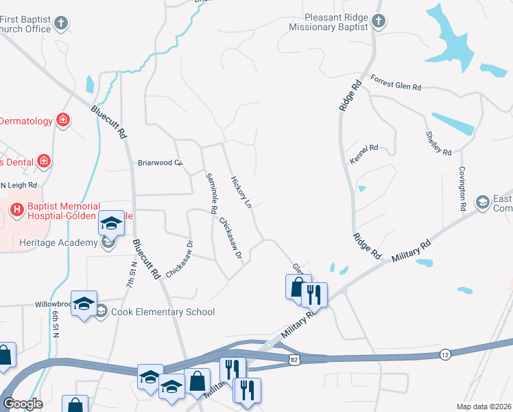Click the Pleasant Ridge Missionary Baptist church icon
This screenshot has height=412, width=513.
click(378, 22)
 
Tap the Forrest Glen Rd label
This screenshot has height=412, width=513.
click(396, 83)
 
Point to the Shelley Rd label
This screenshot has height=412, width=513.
click(438, 143)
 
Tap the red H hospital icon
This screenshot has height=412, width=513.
click(17, 207)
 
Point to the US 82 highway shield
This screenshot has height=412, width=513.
click(294, 359)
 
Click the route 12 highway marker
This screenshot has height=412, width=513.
click(444, 354)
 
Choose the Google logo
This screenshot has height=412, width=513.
click(23, 404)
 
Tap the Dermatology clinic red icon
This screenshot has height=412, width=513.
click(63, 121)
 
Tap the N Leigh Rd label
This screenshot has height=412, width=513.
click(19, 185)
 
